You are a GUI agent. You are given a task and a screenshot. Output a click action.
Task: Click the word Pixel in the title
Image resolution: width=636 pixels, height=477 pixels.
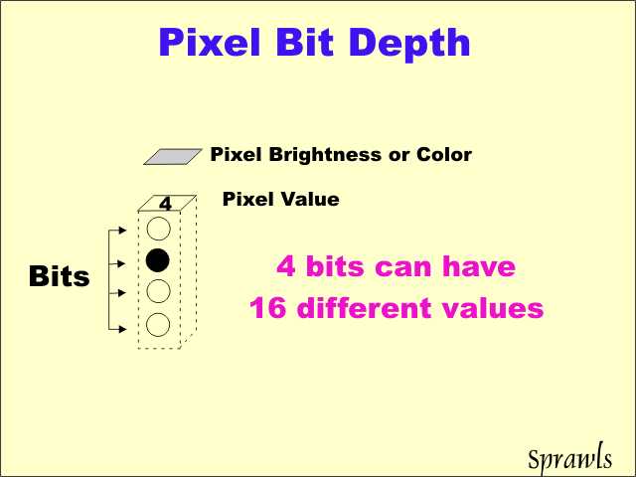click(210, 42)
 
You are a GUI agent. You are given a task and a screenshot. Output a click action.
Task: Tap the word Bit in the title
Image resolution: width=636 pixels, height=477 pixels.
click(305, 42)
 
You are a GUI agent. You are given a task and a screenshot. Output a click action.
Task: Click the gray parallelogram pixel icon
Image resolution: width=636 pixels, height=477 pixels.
click(173, 157)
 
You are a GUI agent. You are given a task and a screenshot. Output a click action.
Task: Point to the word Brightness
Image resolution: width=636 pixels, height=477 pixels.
click(325, 155)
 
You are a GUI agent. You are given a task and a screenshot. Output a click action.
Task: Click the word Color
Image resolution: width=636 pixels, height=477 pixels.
click(444, 155)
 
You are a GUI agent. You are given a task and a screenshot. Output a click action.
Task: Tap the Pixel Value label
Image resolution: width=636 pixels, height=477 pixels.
click(281, 199)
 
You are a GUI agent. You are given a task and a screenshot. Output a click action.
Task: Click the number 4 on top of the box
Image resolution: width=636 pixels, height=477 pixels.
click(166, 204)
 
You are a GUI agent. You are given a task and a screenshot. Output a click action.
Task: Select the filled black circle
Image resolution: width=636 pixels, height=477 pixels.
click(158, 260)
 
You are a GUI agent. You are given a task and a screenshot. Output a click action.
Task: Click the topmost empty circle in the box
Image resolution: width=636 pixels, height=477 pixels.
click(158, 229)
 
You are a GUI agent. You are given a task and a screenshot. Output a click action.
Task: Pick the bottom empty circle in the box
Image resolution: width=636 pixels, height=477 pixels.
click(158, 325)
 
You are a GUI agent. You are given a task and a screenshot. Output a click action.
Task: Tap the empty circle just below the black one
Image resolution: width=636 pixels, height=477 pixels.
click(158, 291)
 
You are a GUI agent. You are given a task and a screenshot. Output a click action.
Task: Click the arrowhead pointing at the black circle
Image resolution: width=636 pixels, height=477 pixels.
click(121, 263)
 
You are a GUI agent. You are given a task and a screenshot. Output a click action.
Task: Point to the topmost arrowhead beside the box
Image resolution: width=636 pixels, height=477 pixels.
click(122, 231)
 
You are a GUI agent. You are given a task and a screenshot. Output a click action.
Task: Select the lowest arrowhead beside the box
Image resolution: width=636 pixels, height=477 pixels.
click(122, 329)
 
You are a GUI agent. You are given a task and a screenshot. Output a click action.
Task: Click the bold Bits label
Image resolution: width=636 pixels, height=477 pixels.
click(60, 276)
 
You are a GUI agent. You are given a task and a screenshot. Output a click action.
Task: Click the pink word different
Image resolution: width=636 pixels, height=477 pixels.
click(364, 307)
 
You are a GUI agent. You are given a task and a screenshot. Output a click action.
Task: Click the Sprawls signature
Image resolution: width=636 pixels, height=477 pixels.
click(569, 458)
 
